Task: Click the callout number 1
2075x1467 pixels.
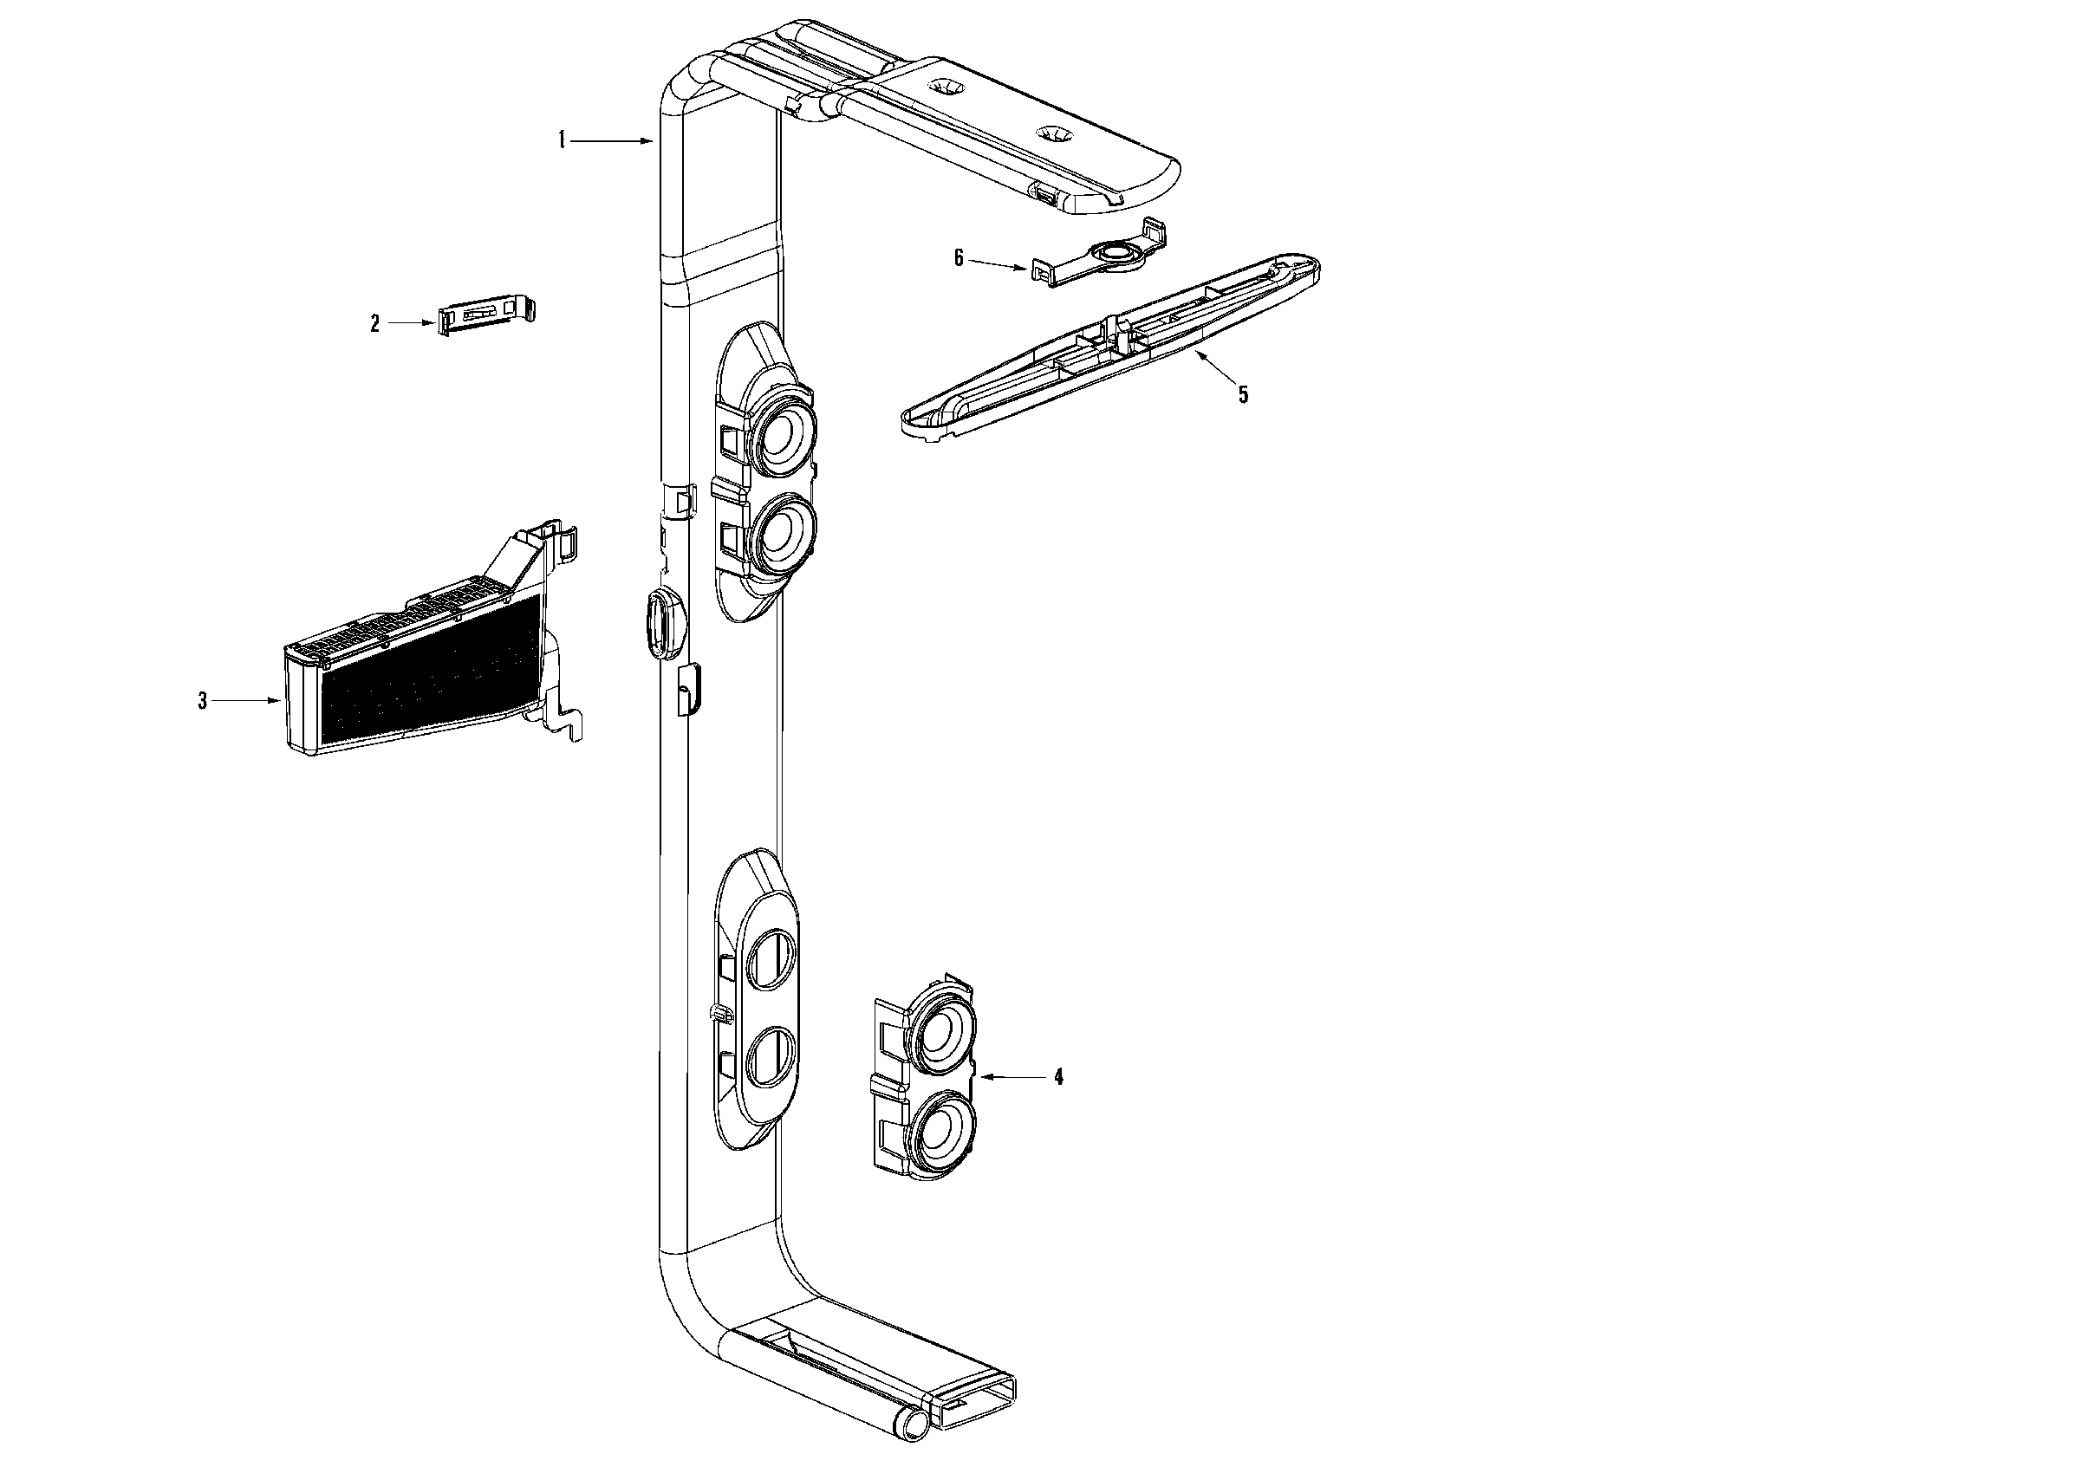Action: point(562,140)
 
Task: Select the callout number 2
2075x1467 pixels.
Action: point(375,323)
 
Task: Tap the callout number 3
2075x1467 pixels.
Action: point(204,700)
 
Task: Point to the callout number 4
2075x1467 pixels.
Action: point(1058,1077)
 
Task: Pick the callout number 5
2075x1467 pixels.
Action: point(1244,395)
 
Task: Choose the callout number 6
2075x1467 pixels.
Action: point(959,258)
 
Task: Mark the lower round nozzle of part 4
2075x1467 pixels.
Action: point(944,1131)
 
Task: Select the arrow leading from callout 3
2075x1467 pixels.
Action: point(247,700)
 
